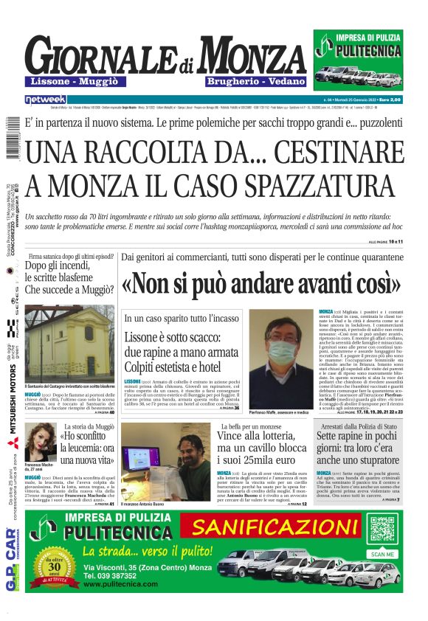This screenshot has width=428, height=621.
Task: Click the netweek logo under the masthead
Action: click(45, 99)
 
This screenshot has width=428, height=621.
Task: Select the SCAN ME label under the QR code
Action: click(382, 554)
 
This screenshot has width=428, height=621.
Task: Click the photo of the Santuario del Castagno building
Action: click(70, 344)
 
